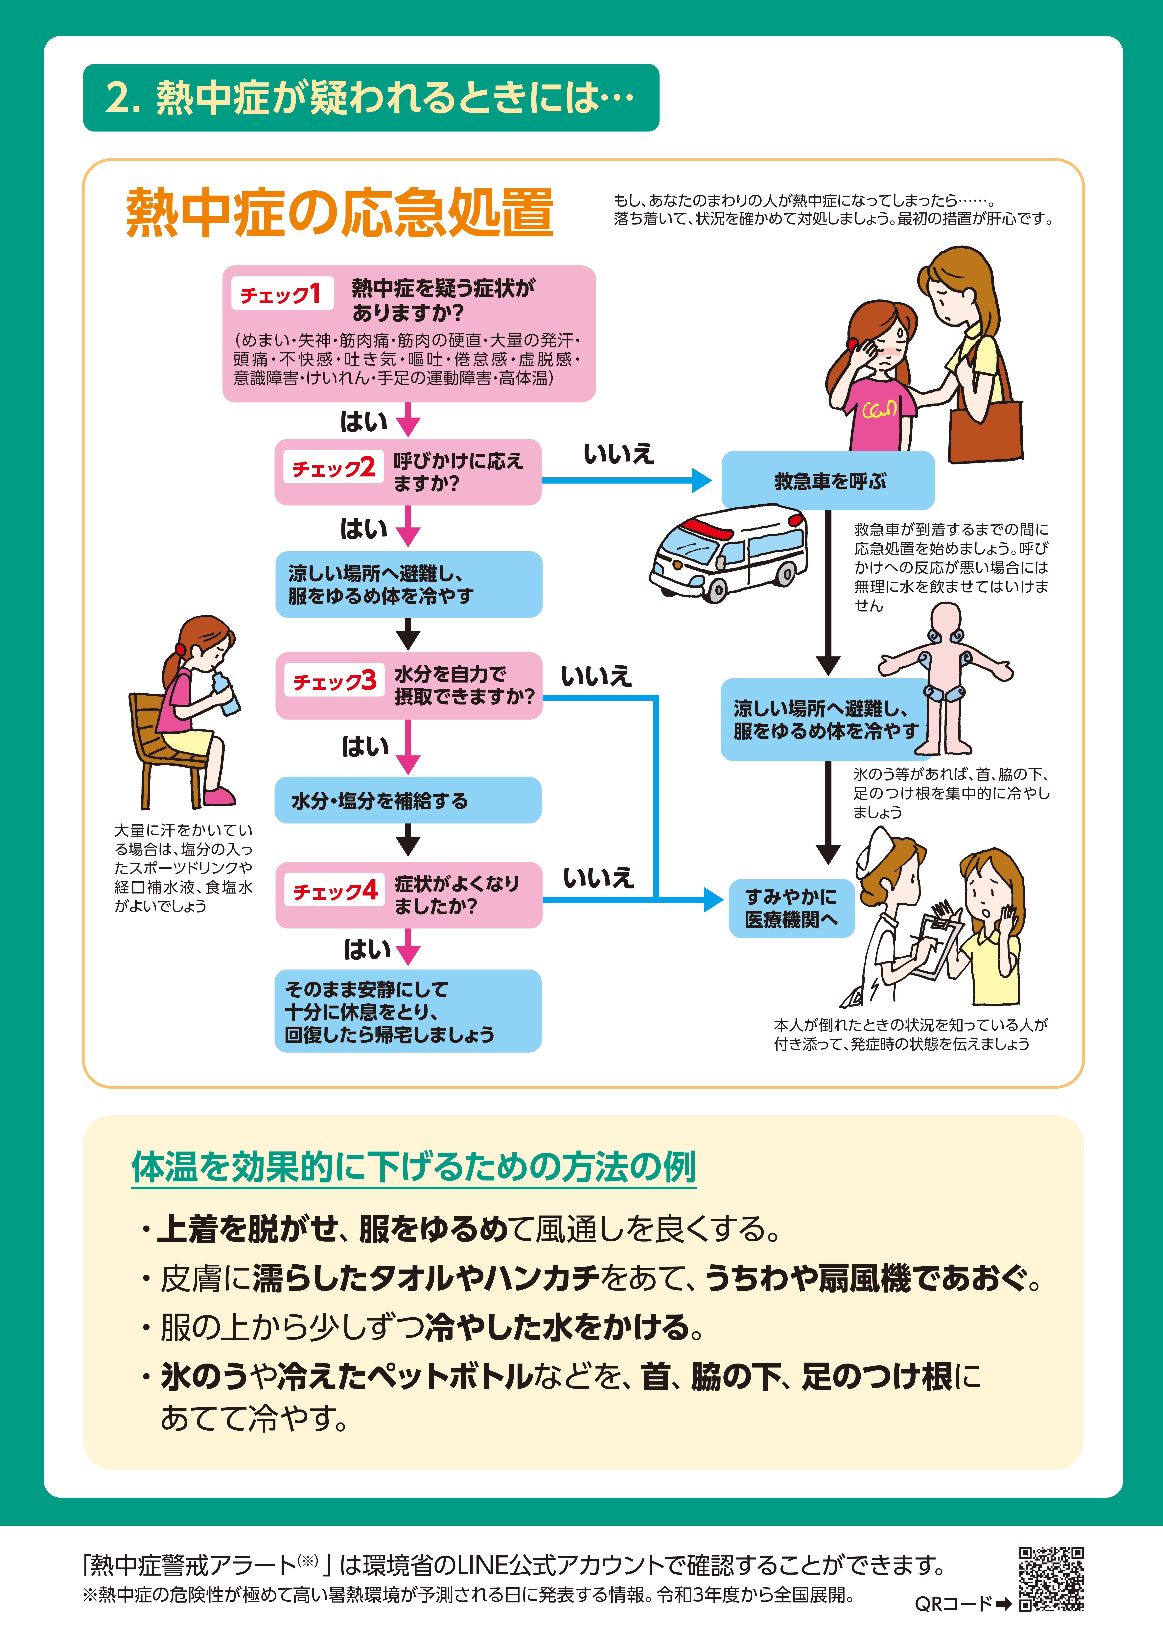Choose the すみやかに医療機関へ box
pyautogui.click(x=791, y=908)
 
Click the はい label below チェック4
pyautogui.click(x=367, y=950)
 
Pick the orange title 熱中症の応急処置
pyautogui.click(x=339, y=213)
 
